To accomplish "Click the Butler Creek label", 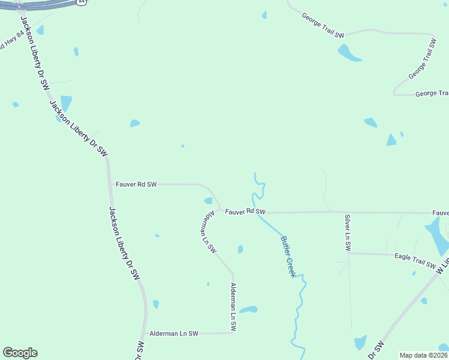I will click(x=288, y=256).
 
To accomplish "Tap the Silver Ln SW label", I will click(x=348, y=232).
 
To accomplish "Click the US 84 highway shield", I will click(x=82, y=2).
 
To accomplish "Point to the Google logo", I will click(x=20, y=353).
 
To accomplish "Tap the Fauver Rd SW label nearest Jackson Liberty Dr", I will click(x=135, y=184).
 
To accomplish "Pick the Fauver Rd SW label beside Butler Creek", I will click(x=245, y=211).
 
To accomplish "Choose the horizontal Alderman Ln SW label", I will click(x=175, y=333).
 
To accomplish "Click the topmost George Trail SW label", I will click(x=323, y=26).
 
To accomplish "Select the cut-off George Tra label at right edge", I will click(x=432, y=94).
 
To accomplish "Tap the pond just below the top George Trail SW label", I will click(x=349, y=53).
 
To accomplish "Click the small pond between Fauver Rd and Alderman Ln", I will click(x=208, y=200).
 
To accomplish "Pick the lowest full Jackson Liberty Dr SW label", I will click(x=124, y=244).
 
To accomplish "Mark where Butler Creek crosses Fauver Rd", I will click(x=258, y=212).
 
